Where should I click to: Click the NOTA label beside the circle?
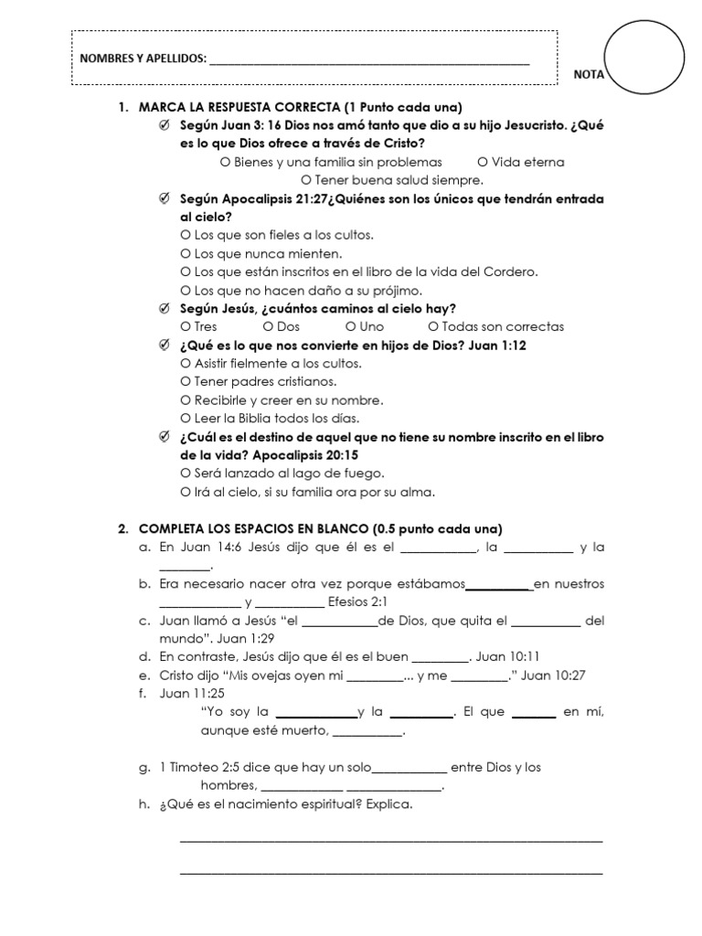pos(589,75)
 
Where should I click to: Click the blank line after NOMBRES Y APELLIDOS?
pos(369,62)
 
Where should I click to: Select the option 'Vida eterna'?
pos(521,162)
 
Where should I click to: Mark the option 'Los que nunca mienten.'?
pos(261,253)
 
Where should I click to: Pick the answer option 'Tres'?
pos(198,326)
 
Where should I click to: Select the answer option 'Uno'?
pos(365,326)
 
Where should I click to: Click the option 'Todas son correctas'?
pos(495,326)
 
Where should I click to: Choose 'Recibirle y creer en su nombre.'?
pos(282,400)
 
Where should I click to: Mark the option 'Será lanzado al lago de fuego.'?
pos(282,473)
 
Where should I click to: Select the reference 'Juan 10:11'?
pos(510,657)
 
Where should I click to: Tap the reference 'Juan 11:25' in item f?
pos(186,694)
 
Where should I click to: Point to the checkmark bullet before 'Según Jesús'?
pos(164,308)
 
